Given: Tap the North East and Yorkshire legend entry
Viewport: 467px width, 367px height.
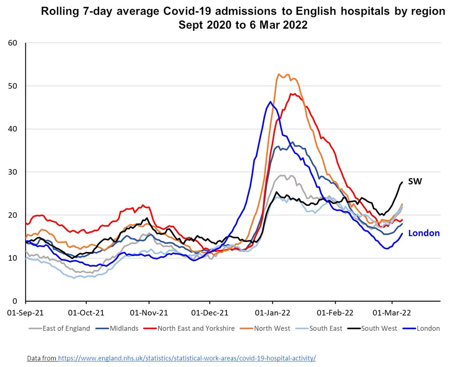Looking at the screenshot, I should click(196, 328).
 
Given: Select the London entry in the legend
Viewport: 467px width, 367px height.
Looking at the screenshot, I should click(428, 328).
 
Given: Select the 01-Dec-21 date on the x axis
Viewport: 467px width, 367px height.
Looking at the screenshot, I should click(209, 312).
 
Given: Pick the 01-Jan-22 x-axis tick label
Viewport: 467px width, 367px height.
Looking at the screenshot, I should click(272, 312).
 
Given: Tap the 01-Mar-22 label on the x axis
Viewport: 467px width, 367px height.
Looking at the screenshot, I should click(392, 312).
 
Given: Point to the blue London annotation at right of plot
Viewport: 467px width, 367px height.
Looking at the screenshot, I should click(424, 233).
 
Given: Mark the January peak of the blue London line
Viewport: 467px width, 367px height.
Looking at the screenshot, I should click(270, 101).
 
